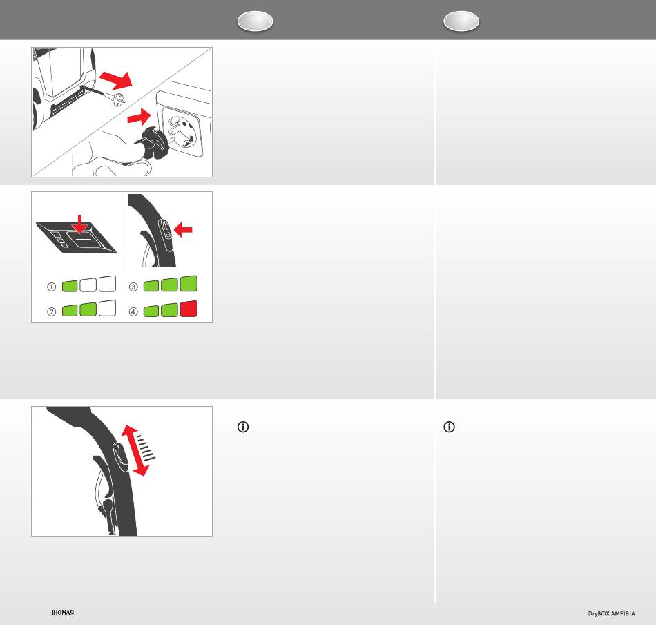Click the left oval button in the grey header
click(255, 21)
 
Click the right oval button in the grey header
click(461, 21)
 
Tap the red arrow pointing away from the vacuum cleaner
click(116, 80)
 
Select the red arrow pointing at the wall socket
click(139, 117)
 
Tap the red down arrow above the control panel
click(79, 224)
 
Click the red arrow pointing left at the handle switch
click(183, 229)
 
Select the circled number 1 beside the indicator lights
click(52, 287)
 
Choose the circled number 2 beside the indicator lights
click(52, 311)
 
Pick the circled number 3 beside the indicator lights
click(133, 287)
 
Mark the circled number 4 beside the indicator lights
click(133, 311)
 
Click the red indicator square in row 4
click(189, 309)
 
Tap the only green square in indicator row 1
click(70, 286)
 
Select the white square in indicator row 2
click(107, 308)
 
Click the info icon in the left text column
click(243, 427)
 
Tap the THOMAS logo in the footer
click(62, 613)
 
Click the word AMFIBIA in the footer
click(623, 614)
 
